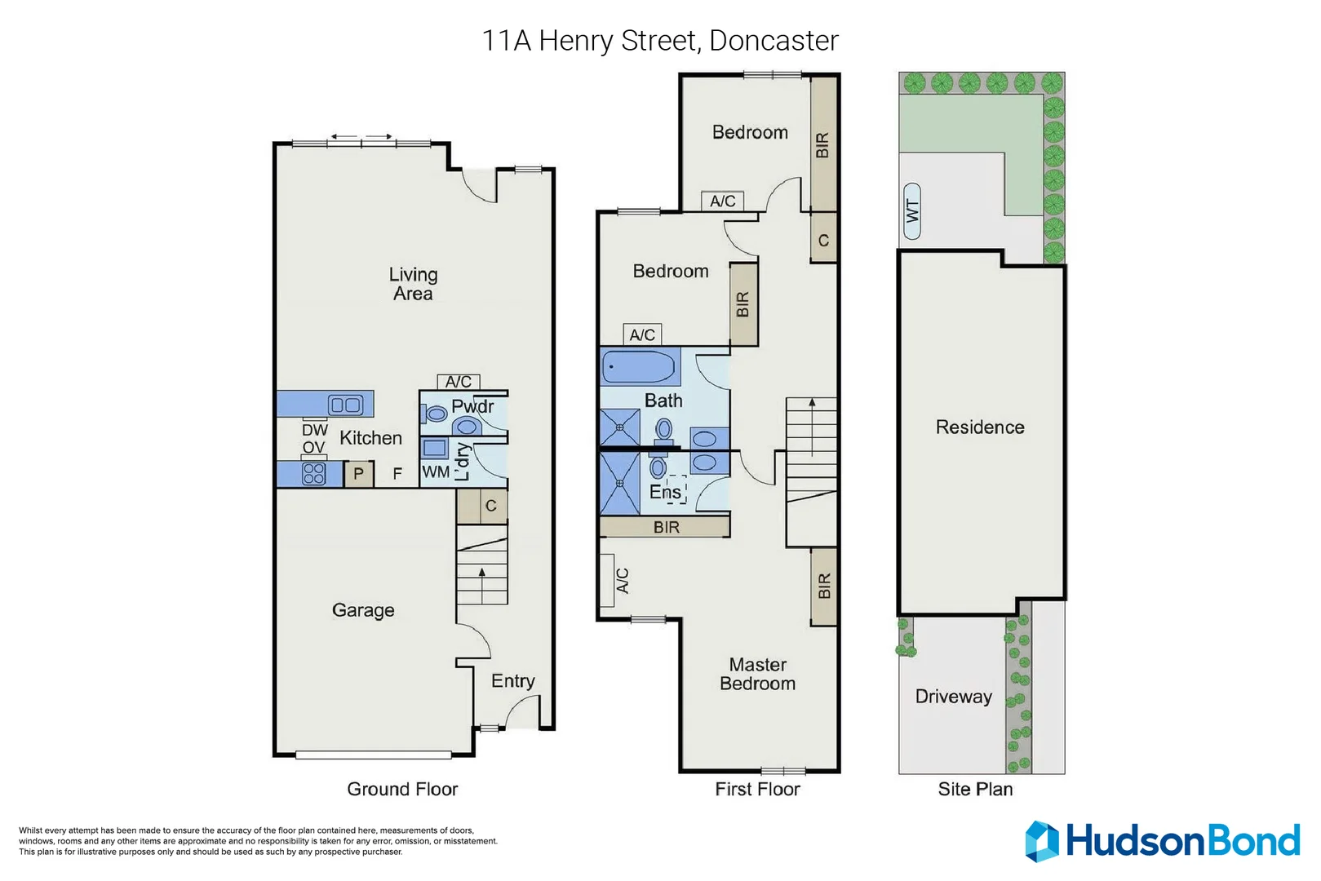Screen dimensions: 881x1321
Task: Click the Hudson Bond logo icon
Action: coord(1041,841)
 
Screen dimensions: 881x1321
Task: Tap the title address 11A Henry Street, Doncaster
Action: coord(659,40)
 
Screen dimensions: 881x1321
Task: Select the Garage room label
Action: coord(363,610)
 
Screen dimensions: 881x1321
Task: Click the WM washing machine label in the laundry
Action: coord(435,472)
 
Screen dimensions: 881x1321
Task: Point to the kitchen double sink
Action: coord(344,405)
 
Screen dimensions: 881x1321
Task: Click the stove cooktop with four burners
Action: coord(314,473)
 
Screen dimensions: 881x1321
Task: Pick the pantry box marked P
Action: coord(358,474)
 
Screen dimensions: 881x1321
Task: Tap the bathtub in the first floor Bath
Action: coord(641,367)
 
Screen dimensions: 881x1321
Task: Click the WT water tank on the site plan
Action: coord(912,211)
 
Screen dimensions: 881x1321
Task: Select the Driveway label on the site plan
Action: coord(953,697)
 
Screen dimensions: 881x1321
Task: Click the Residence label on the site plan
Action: coord(979,427)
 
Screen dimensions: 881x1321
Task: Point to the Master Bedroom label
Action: coord(757,675)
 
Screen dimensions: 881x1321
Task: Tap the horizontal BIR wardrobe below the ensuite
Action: coord(665,528)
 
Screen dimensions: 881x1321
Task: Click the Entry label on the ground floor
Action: coord(512,681)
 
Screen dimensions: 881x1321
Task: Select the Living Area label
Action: coord(413,284)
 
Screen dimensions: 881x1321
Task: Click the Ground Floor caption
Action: coord(402,789)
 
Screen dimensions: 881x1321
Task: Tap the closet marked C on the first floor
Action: coord(823,241)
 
